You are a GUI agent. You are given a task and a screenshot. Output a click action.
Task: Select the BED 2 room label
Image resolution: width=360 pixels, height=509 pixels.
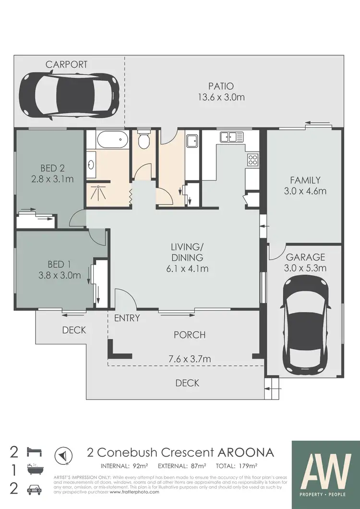[x=52, y=168]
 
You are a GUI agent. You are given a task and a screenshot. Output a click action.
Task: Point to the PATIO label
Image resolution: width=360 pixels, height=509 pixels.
[x=221, y=86]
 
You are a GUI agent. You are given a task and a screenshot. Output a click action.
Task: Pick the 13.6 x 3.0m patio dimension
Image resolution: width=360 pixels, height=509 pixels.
[x=221, y=97]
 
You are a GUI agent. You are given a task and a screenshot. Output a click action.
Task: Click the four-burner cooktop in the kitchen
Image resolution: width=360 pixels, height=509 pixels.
[x=252, y=160]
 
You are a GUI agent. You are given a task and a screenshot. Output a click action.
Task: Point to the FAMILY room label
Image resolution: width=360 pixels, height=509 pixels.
[x=305, y=181]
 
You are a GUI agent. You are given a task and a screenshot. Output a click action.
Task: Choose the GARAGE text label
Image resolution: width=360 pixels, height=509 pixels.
[x=306, y=257]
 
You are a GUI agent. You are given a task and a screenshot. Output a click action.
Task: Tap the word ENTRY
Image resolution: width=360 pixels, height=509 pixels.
[x=127, y=318]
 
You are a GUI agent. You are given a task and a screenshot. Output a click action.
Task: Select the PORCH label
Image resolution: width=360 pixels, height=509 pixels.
[x=190, y=335]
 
